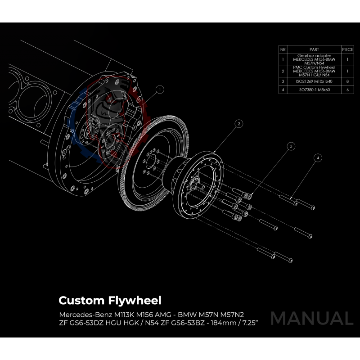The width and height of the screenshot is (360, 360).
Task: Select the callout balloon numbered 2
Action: (x=239, y=123)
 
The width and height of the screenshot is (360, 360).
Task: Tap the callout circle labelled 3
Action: (x=291, y=146)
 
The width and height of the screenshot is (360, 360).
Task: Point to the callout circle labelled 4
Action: (x=318, y=158)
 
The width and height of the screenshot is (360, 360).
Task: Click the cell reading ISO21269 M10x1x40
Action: (x=314, y=81)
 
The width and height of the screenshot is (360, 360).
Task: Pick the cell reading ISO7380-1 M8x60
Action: (x=314, y=90)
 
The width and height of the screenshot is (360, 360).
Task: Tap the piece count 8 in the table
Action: (x=347, y=81)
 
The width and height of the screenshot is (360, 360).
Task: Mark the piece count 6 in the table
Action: (x=347, y=90)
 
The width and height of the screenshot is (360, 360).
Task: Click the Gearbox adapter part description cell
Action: (x=314, y=59)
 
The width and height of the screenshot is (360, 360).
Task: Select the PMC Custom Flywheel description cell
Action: (x=314, y=71)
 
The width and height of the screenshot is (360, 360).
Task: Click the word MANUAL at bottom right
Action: (x=311, y=318)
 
